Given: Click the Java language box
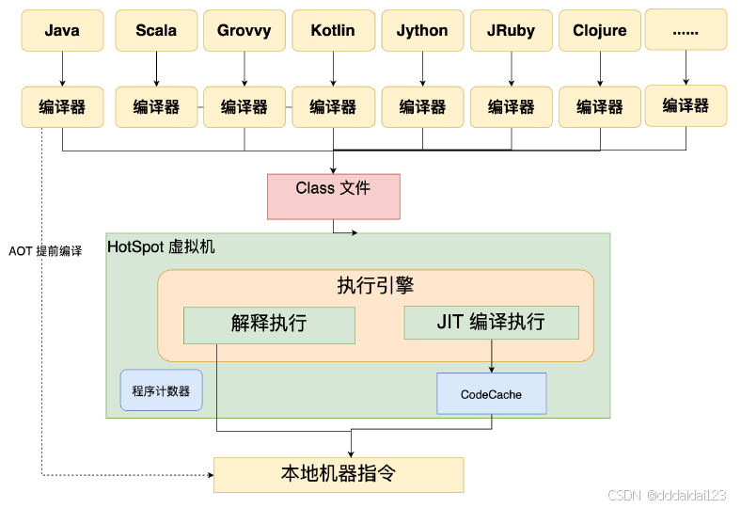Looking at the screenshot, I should click(x=62, y=30).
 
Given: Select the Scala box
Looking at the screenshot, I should click(x=156, y=30).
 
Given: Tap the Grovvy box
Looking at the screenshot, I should click(x=244, y=30).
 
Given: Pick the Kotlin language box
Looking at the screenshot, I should click(x=333, y=30).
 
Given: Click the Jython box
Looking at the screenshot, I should click(x=422, y=30).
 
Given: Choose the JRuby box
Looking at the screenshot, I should click(x=512, y=30).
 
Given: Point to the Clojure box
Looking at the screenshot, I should click(x=600, y=30).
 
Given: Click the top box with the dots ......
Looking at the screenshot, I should click(x=686, y=30).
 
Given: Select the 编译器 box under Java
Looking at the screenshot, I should click(x=62, y=106).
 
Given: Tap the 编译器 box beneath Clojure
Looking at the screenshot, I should click(x=600, y=106).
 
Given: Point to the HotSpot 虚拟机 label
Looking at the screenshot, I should click(x=161, y=247).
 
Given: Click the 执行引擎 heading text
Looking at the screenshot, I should click(x=375, y=286).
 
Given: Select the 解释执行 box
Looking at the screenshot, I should click(x=269, y=325).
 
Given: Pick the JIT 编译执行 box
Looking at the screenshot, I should click(x=491, y=322).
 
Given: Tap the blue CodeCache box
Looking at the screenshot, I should click(x=491, y=394).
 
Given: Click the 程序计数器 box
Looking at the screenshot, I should click(x=161, y=390).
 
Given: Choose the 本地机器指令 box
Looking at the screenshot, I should click(x=339, y=474).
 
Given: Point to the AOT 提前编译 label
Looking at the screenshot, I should click(x=45, y=252).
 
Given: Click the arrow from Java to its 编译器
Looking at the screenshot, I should click(x=62, y=68).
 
